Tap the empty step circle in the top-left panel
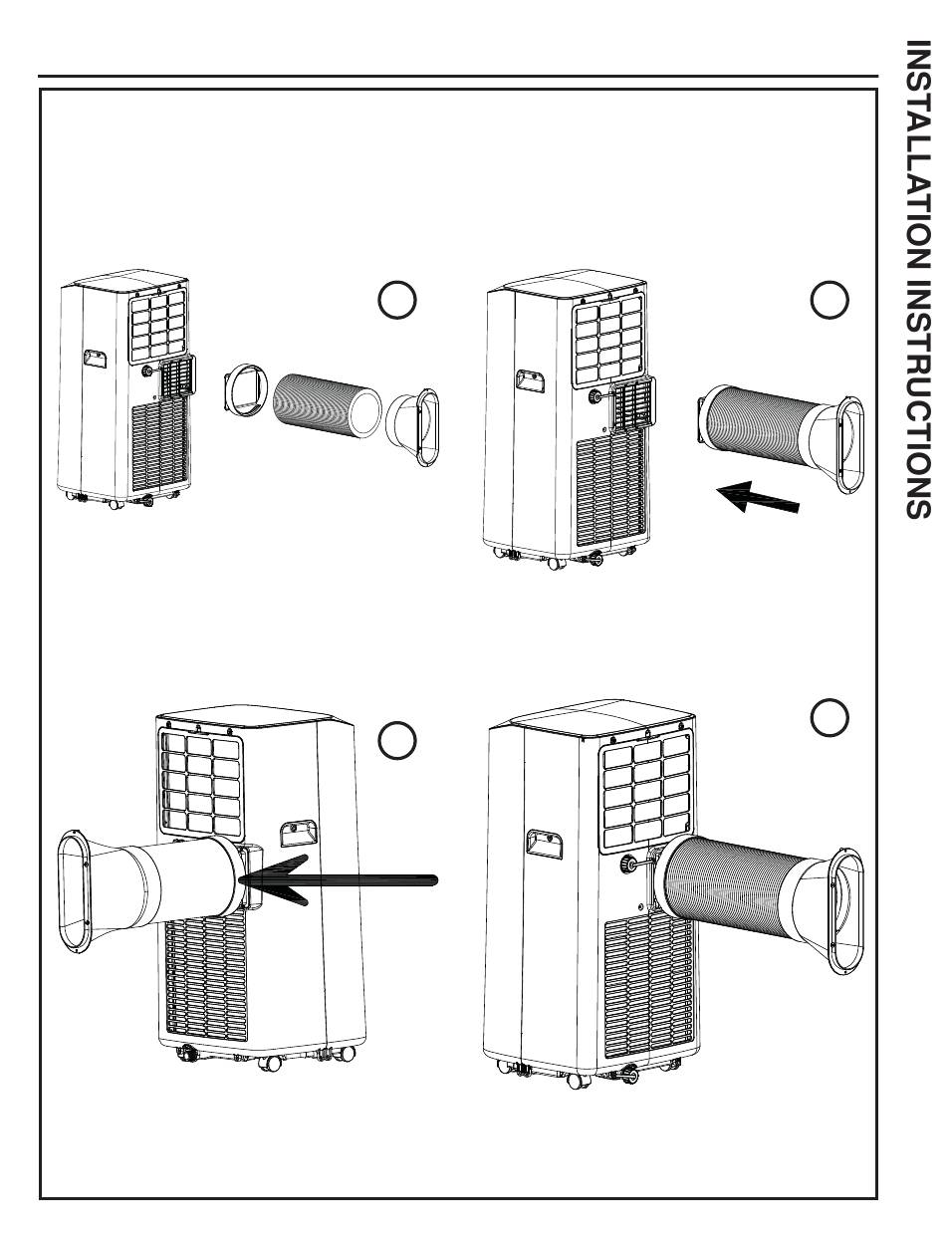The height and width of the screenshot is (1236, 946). pos(396,299)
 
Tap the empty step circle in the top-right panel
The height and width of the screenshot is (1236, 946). pos(829,299)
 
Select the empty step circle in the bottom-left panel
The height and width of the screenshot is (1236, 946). pos(396,740)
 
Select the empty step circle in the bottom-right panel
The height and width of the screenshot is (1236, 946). pos(829,717)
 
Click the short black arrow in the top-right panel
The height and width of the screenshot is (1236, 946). pos(758,497)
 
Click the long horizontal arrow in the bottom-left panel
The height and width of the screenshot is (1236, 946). pos(339,880)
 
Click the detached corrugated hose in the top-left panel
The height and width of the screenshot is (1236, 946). pos(328,406)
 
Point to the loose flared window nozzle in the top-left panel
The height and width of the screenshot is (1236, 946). pos(412,427)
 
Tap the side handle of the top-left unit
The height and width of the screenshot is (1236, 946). pos(95,361)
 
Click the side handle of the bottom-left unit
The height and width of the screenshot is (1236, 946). pos(298,834)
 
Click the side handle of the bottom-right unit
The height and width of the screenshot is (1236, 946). pos(545,845)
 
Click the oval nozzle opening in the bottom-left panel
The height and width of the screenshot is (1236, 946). pos(74,890)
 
